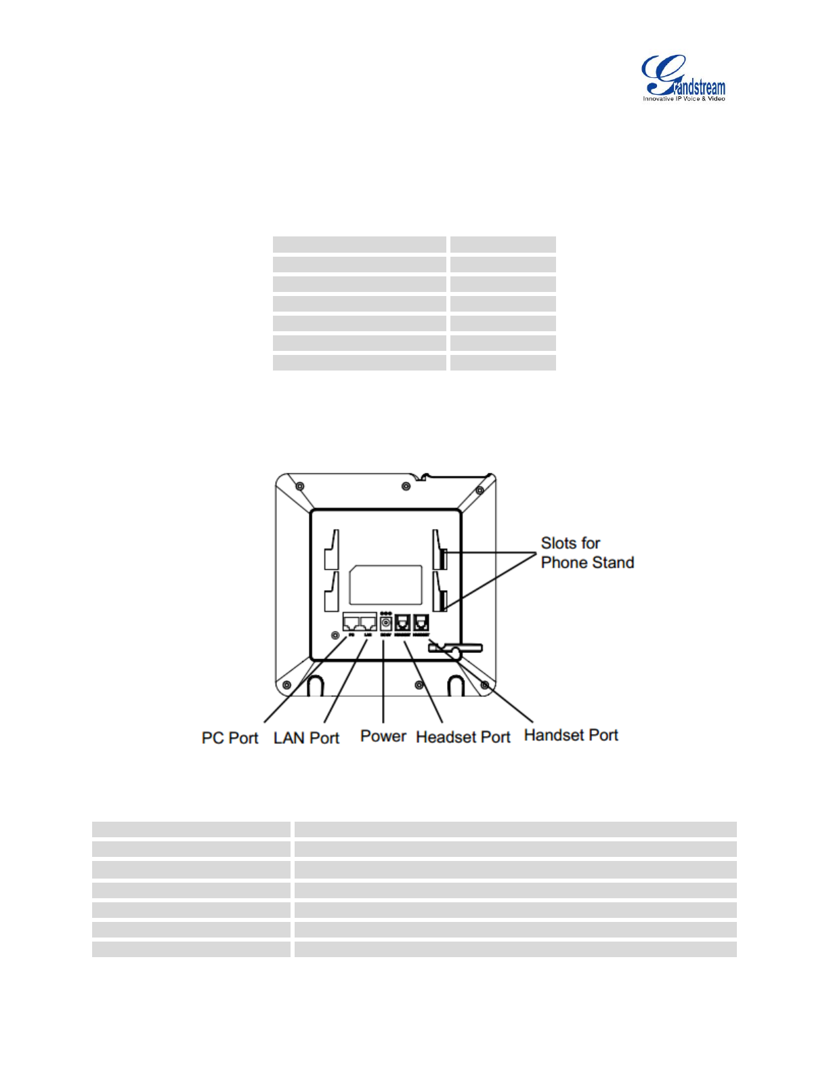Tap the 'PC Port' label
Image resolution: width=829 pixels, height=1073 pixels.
pos(230,738)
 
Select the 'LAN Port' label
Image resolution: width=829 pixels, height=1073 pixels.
pos(306,738)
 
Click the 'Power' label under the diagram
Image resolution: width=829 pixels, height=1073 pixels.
pos(383,736)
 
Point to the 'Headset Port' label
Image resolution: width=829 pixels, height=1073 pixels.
pos(463,737)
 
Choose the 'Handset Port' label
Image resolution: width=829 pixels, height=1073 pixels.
pos(571,735)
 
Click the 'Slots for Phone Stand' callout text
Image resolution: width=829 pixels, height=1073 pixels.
pos(587,553)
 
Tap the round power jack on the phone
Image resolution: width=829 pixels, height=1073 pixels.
pos(386,623)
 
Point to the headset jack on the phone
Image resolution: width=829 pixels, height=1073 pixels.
pos(403,623)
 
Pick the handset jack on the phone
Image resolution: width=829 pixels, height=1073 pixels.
pos(421,623)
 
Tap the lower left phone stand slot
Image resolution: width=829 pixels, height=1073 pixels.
pos(331,593)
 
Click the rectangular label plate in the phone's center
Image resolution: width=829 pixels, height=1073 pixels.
pos(385,585)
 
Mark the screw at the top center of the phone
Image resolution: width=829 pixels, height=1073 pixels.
pos(406,486)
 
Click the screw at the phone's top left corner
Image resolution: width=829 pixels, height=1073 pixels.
pos(300,486)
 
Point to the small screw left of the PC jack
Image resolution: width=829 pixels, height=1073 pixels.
pos(335,635)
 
